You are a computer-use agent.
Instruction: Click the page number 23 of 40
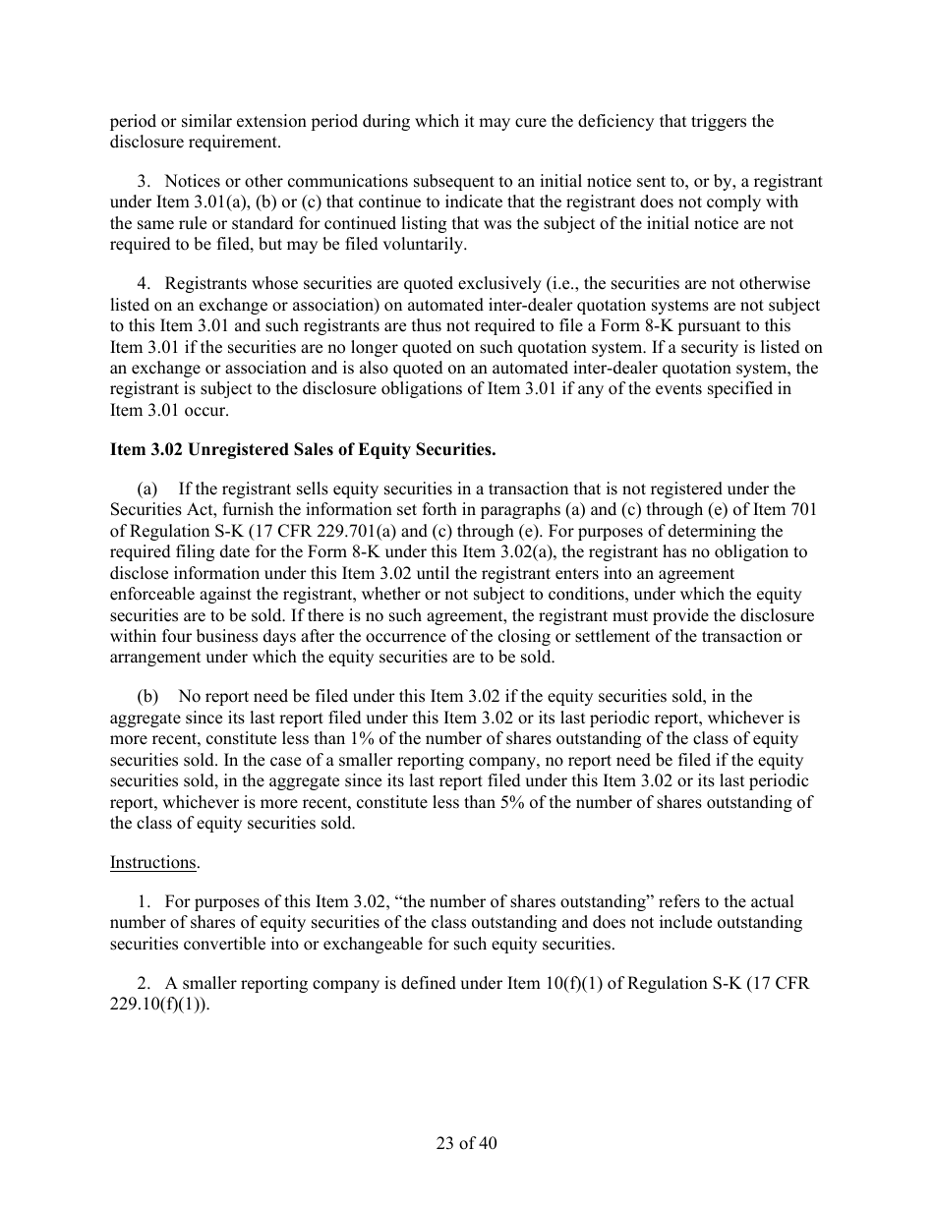coord(467,1143)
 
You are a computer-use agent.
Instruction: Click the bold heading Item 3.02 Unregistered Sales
coord(303,450)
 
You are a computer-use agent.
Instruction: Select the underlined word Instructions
coord(152,862)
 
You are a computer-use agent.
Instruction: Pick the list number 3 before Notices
coord(144,181)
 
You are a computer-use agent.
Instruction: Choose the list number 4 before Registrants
coord(144,283)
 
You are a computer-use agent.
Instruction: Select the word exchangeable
coord(372,945)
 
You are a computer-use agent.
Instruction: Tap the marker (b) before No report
coord(147,696)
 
